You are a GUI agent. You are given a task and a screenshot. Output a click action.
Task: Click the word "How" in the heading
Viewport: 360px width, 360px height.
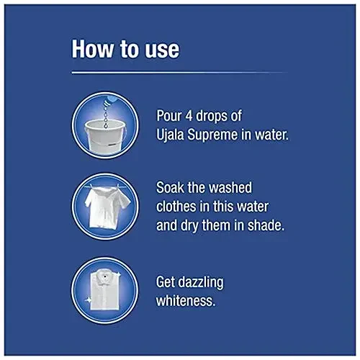93,49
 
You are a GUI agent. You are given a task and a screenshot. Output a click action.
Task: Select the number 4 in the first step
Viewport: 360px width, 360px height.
189,116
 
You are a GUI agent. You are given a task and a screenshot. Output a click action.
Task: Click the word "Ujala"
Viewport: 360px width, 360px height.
171,135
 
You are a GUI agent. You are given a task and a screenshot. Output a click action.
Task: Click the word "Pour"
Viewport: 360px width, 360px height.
169,116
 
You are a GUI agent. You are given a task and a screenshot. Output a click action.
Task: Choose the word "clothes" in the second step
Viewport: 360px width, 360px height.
176,207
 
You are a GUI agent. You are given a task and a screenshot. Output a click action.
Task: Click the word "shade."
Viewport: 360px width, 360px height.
266,225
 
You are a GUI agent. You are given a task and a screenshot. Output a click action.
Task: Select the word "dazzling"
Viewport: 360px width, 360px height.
202,282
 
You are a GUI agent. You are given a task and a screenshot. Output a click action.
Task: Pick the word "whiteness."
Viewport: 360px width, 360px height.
186,300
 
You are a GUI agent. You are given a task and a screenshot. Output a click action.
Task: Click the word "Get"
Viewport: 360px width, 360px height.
166,282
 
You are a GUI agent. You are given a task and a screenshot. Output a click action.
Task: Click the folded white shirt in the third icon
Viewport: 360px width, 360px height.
105,291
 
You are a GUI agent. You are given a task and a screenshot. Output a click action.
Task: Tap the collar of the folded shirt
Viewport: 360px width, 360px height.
104,279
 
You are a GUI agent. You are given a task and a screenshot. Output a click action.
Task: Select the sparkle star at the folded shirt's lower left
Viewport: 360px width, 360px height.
88,300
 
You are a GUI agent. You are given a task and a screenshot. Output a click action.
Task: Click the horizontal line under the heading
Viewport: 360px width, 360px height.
179,73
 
